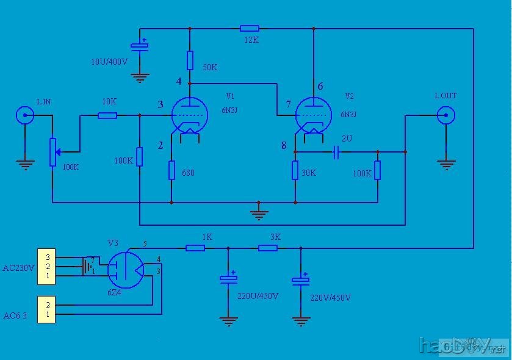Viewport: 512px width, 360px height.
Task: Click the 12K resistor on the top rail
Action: tap(249, 28)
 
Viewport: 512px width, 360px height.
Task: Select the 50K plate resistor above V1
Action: tap(190, 60)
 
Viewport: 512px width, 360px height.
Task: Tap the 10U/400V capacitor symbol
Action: tap(140, 46)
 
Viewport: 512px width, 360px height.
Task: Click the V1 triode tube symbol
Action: tap(189, 115)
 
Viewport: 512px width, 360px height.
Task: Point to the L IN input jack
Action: tap(25, 115)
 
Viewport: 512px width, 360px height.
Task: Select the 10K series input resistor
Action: tap(107, 115)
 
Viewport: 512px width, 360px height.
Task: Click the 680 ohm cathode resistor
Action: tap(171, 170)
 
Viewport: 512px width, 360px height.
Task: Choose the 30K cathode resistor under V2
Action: tap(295, 170)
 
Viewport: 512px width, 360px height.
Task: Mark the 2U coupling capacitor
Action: tap(336, 151)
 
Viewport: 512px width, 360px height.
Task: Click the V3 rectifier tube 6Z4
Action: tap(125, 268)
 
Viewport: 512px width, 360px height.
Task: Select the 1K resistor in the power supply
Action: tap(195, 248)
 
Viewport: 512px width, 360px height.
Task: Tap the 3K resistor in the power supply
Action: tap(268, 248)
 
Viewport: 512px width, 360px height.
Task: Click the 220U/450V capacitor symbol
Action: tap(229, 279)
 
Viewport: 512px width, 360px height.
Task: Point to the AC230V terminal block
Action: tap(48, 267)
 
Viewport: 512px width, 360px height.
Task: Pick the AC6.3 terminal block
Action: tap(48, 309)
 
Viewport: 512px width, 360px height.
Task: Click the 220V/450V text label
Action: tap(330, 298)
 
